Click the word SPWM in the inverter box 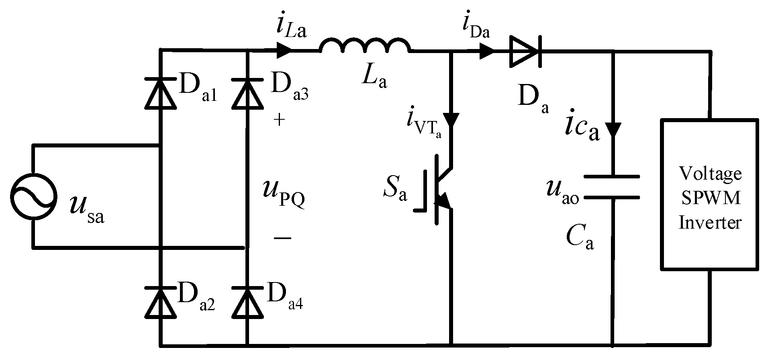(x=709, y=198)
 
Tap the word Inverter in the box (x=709, y=222)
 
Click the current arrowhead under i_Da (x=487, y=51)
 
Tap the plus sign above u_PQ (x=280, y=120)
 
